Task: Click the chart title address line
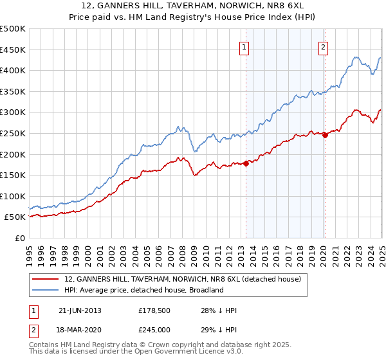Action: click(192, 7)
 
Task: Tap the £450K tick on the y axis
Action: click(13, 50)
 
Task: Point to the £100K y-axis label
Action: click(13, 196)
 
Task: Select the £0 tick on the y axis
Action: click(20, 238)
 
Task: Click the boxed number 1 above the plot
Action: click(245, 46)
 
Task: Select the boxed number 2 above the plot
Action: click(323, 46)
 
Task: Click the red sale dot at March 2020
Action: click(325, 135)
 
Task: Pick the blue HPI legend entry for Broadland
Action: click(143, 290)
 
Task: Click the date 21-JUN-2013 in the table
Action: click(80, 310)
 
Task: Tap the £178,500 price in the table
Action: click(152, 310)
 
